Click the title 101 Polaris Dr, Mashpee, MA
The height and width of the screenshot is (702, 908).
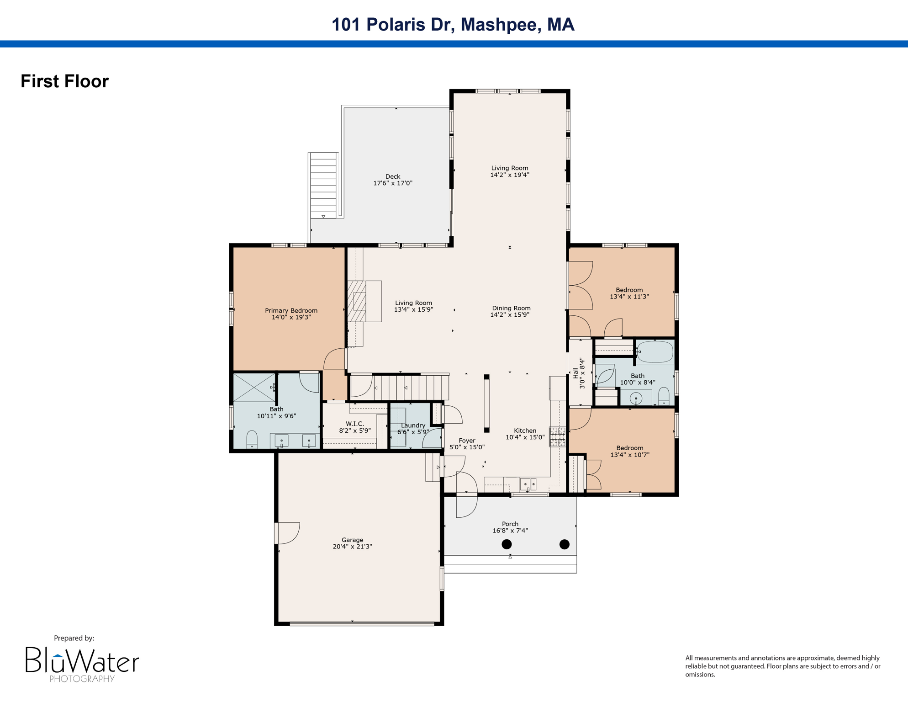(x=453, y=25)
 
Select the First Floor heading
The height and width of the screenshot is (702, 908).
(x=65, y=81)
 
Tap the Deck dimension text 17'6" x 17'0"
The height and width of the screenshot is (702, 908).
(x=393, y=183)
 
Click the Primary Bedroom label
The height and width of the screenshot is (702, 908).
(x=291, y=311)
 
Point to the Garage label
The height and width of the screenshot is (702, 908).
(x=352, y=540)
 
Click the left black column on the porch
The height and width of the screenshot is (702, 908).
(x=507, y=544)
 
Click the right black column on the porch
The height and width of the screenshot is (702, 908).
(x=565, y=544)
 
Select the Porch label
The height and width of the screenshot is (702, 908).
(x=510, y=524)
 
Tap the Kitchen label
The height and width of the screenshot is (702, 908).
(x=525, y=431)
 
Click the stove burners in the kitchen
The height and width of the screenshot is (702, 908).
(x=557, y=436)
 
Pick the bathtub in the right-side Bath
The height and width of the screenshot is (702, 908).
(x=655, y=352)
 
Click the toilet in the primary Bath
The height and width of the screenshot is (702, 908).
(x=252, y=440)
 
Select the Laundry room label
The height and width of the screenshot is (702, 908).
(x=413, y=425)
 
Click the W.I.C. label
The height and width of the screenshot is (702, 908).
(x=355, y=424)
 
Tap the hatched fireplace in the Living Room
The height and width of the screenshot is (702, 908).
(x=357, y=301)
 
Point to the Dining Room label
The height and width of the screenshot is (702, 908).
(x=511, y=308)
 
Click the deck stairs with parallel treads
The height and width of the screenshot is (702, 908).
(x=323, y=185)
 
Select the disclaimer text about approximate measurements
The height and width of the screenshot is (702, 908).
(x=782, y=666)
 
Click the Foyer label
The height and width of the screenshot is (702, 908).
(x=467, y=441)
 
